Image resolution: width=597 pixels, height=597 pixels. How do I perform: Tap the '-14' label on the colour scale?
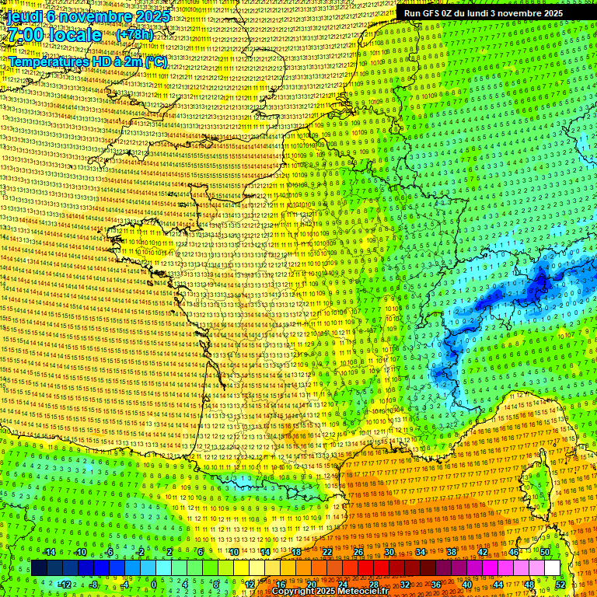pyautogui.click(x=49, y=552)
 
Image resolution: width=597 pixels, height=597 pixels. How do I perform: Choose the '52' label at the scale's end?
pyautogui.click(x=560, y=584)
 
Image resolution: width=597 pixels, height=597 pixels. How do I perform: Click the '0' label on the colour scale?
pyautogui.click(x=153, y=584)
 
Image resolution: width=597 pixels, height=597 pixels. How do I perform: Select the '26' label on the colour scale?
pyautogui.click(x=358, y=552)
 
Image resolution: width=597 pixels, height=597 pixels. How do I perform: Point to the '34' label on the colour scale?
pyautogui.click(x=420, y=552)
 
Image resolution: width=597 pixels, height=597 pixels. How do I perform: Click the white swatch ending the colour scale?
pyautogui.click(x=552, y=568)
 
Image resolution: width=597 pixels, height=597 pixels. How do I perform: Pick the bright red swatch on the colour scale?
pyautogui.click(x=365, y=568)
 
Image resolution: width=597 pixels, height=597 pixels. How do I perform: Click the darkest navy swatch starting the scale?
pyautogui.click(x=39, y=568)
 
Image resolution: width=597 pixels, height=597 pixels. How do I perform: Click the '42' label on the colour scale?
pyautogui.click(x=483, y=552)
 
